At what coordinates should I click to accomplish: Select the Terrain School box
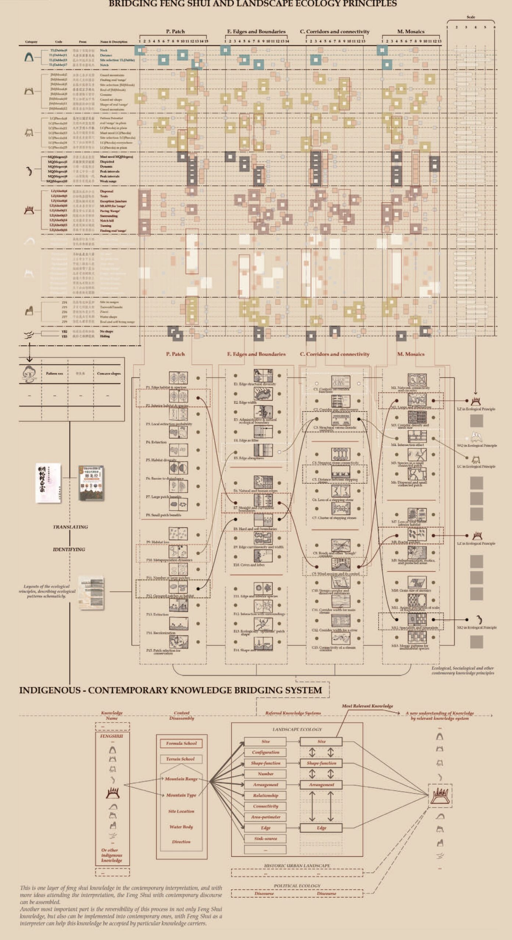click(180, 759)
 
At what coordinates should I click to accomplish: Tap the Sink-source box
click(265, 839)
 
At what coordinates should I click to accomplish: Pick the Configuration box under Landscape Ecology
click(265, 752)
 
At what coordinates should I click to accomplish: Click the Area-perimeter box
click(265, 817)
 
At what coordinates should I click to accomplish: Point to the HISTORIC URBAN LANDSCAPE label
click(297, 865)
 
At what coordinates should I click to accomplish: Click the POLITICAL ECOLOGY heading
click(297, 886)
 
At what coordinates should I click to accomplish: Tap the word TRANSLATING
click(70, 527)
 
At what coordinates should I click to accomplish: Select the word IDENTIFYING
click(69, 549)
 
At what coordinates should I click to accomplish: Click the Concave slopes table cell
click(109, 374)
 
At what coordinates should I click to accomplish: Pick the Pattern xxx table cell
click(54, 374)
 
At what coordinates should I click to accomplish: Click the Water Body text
click(181, 827)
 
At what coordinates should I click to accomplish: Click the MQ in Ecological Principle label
click(477, 628)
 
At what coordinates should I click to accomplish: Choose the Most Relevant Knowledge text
click(367, 706)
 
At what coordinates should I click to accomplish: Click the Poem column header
click(83, 42)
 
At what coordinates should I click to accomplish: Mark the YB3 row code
click(64, 336)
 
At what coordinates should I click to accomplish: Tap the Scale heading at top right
click(470, 17)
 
